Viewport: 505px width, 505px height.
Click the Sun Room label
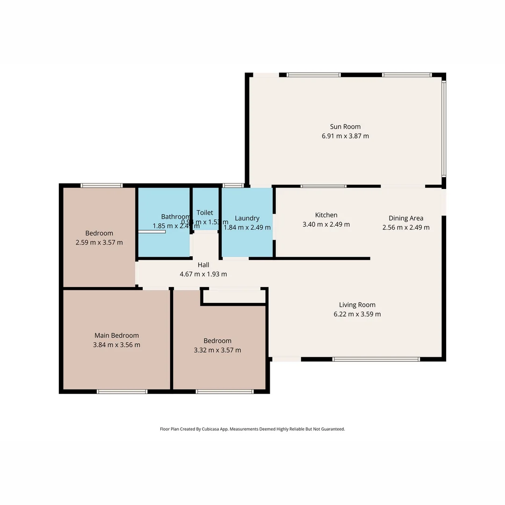(345, 126)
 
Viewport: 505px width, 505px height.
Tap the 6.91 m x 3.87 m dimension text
(345, 136)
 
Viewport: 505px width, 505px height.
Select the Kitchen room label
(326, 215)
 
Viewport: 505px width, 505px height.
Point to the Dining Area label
(406, 218)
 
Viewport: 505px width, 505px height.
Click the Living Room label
(357, 304)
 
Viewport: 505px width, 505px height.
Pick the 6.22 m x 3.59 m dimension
(357, 314)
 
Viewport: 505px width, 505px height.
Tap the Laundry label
(247, 218)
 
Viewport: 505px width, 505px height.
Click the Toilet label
(205, 212)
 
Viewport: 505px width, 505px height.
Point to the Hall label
(203, 265)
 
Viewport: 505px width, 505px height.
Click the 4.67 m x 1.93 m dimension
(203, 274)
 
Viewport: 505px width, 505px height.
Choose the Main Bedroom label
(116, 335)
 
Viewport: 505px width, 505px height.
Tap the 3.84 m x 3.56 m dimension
(116, 345)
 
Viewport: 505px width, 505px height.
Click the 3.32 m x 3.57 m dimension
(217, 350)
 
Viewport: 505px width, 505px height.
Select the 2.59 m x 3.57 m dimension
(99, 243)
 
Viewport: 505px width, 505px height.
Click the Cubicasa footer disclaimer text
(252, 429)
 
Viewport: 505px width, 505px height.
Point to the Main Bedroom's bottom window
(122, 391)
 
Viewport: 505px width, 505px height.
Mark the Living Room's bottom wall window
(376, 359)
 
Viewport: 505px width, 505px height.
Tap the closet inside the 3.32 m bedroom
(234, 296)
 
